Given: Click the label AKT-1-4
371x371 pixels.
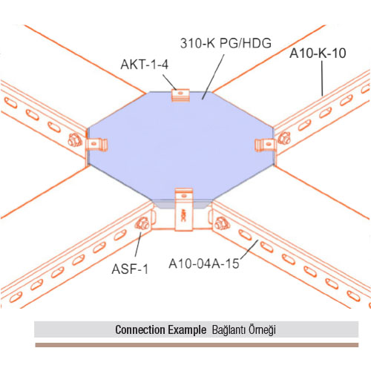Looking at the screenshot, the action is (145, 65).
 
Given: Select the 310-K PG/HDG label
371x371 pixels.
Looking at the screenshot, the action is (226, 43).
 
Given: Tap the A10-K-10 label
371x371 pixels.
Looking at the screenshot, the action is (318, 53).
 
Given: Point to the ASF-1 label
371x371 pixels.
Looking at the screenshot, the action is (130, 269).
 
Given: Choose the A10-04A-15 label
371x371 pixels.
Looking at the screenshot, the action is (204, 263).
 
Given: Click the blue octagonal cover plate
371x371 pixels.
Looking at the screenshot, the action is (181, 147).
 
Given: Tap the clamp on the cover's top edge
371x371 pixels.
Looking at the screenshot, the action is (180, 95).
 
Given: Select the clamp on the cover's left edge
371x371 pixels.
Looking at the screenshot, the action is (96, 145).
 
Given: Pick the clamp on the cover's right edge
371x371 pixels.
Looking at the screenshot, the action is (266, 145).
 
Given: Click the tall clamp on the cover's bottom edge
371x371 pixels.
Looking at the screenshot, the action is (183, 210).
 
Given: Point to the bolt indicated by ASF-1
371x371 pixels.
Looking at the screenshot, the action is (142, 223).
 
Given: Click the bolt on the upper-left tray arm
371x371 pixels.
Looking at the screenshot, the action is (75, 140).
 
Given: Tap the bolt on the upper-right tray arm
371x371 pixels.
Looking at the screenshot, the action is (284, 138).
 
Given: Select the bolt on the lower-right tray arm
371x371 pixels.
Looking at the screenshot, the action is (222, 223).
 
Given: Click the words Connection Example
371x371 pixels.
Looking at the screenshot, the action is (161, 329).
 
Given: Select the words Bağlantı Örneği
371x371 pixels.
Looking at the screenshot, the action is (244, 330).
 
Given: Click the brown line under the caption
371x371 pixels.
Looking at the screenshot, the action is (197, 345).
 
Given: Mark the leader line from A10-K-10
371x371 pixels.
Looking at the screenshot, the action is (322, 78).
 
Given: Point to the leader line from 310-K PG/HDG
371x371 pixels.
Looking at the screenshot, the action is (213, 76).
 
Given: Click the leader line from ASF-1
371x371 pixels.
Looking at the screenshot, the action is (138, 244).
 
